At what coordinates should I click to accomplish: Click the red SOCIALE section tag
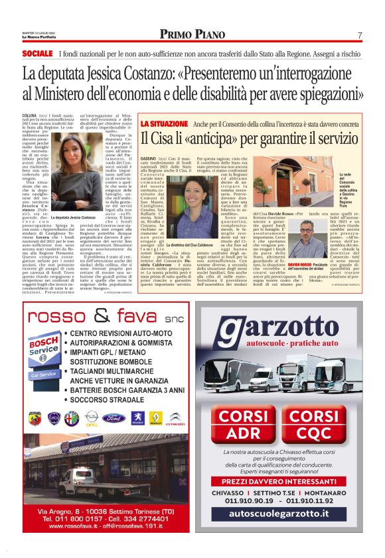click(37, 53)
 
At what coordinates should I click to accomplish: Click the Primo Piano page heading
click(192, 34)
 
